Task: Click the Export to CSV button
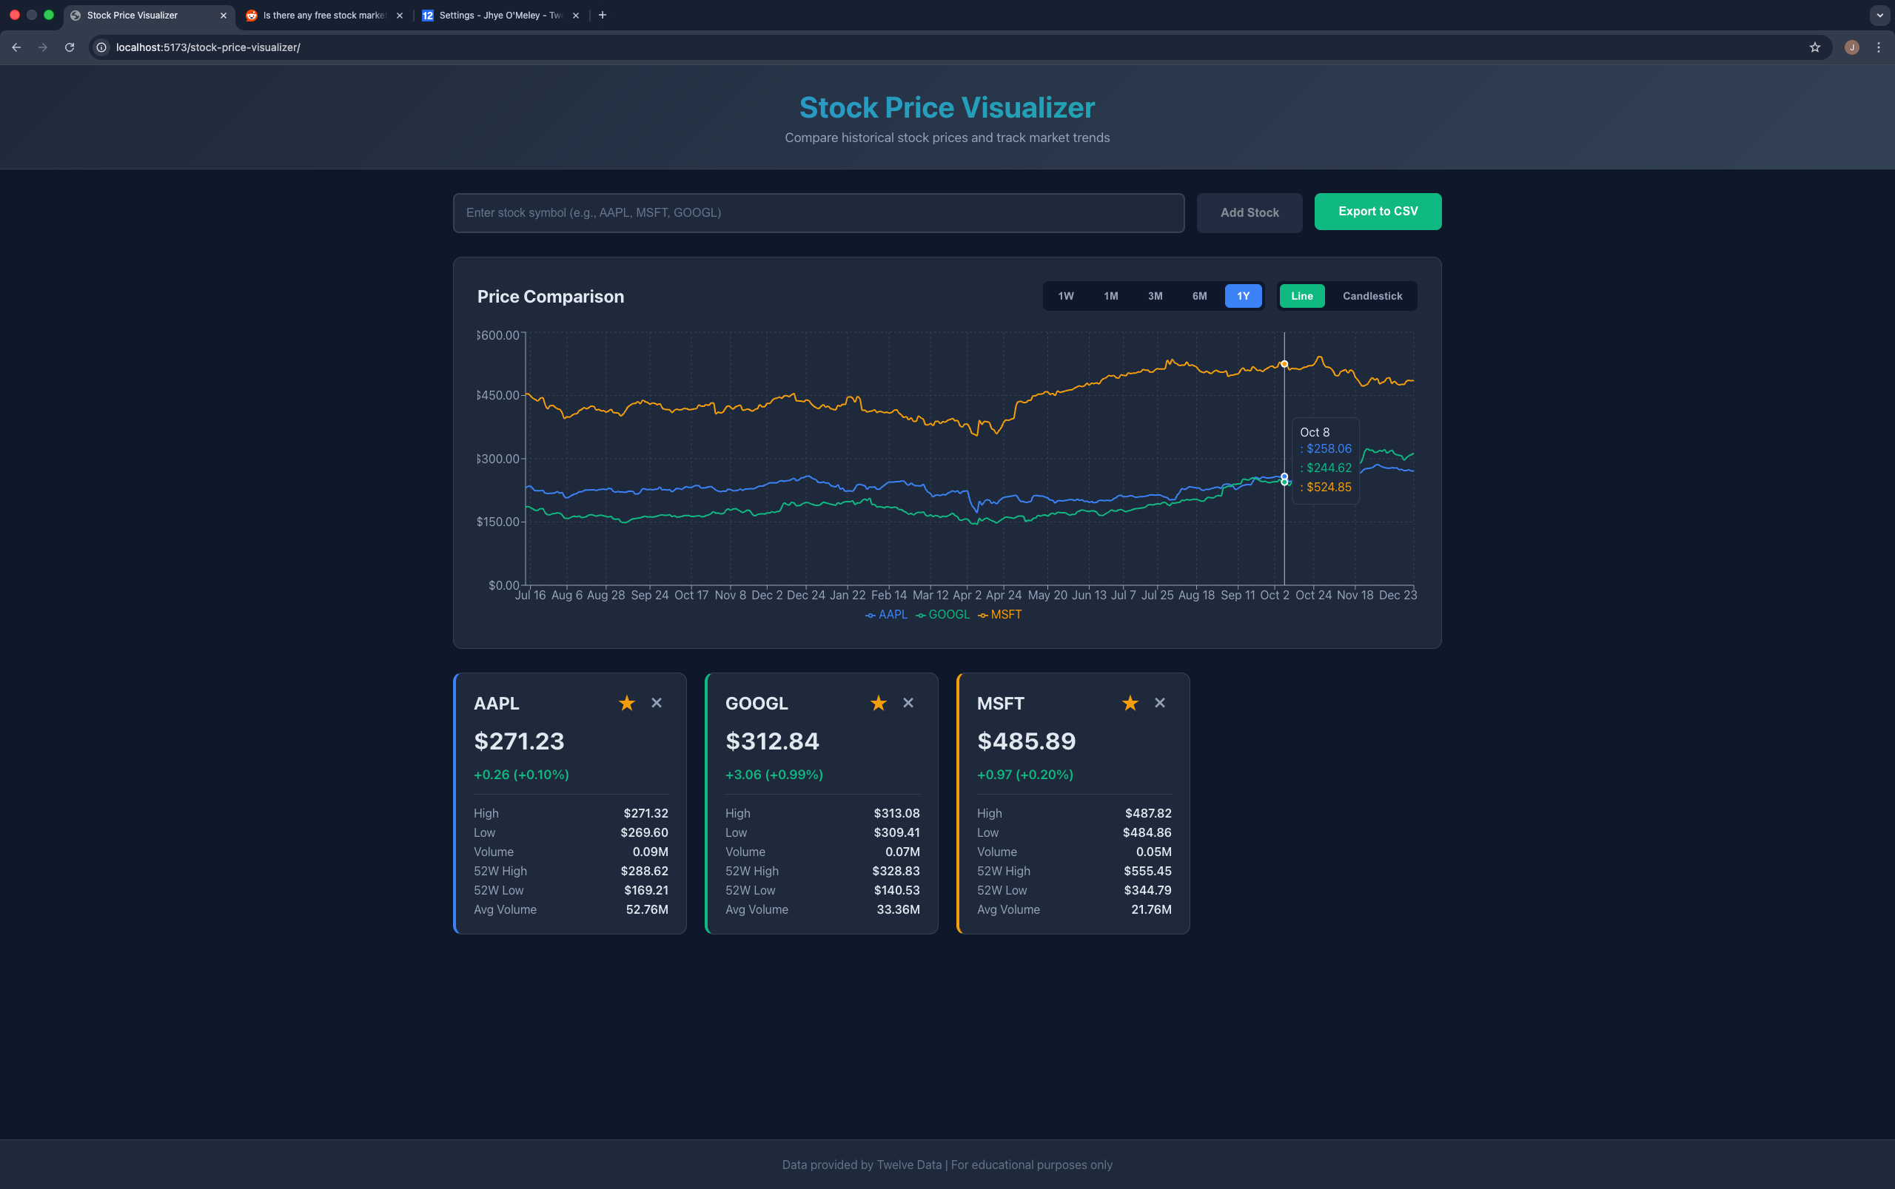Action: click(x=1378, y=212)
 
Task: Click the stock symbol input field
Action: click(x=818, y=212)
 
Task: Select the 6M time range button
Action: click(x=1199, y=296)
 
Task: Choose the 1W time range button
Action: click(x=1065, y=296)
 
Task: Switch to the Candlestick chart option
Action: click(x=1372, y=296)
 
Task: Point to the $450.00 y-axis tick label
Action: click(x=498, y=396)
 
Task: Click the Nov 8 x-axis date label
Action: click(x=730, y=596)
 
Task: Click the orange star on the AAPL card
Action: click(x=626, y=703)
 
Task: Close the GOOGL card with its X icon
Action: click(x=908, y=703)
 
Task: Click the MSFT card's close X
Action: click(x=1159, y=703)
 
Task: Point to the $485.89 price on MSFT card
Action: click(x=1026, y=741)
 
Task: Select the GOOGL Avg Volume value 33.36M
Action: click(x=898, y=909)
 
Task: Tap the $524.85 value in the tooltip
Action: click(x=1329, y=487)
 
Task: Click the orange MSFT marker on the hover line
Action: click(x=1284, y=364)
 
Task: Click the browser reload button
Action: click(x=70, y=47)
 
